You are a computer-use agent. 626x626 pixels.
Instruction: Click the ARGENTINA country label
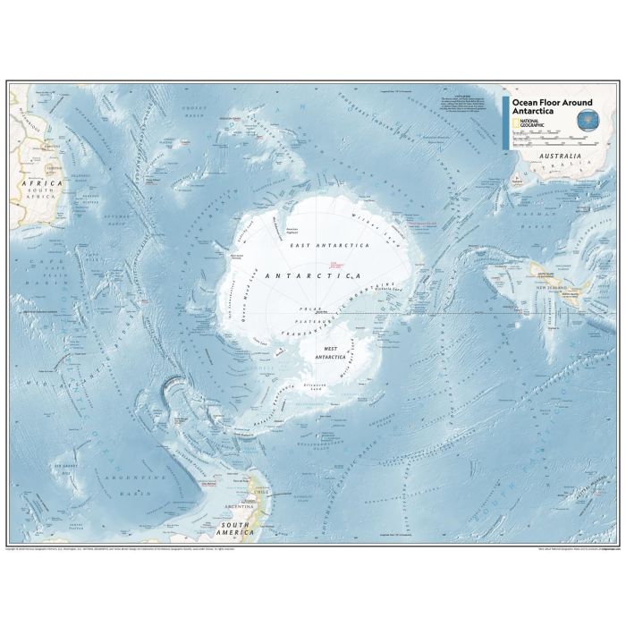234,507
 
